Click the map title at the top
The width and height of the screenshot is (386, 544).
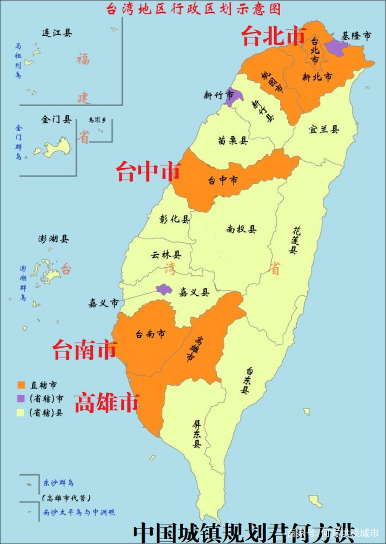click(193, 9)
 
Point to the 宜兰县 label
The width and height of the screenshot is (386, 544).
click(324, 130)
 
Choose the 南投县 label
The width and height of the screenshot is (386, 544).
click(241, 229)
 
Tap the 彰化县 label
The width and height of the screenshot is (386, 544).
click(175, 219)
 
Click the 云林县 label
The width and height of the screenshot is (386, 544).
click(166, 255)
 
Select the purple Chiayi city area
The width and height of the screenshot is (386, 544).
click(164, 289)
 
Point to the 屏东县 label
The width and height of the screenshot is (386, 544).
click(196, 433)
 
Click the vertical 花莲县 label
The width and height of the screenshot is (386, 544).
click(294, 240)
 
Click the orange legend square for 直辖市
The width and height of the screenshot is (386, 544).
click(21, 385)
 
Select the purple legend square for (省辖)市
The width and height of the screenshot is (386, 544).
click(21, 399)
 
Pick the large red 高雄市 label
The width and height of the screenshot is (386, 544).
click(107, 402)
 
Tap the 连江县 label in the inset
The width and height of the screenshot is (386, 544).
click(57, 33)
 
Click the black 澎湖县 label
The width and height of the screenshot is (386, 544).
click(53, 239)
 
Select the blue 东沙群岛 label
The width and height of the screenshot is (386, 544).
click(59, 483)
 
